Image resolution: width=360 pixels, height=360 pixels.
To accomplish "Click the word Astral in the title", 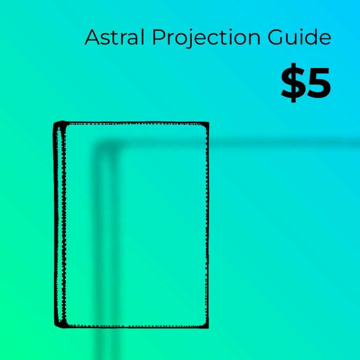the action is (x=115, y=37).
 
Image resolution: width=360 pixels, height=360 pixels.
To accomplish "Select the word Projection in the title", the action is (x=206, y=38).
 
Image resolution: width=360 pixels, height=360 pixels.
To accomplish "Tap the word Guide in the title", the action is (x=300, y=37).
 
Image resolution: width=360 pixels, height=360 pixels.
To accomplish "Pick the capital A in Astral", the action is (x=92, y=37).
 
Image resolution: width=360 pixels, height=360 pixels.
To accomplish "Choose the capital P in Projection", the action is (x=158, y=37).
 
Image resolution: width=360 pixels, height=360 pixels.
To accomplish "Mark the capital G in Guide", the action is (x=275, y=37).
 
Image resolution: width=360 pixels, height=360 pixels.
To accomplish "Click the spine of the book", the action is (x=60, y=225).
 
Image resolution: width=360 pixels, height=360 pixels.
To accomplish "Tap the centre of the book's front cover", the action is (x=137, y=225).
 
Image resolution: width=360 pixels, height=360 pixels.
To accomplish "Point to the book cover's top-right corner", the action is (x=208, y=123).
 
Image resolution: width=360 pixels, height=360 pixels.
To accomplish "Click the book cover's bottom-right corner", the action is (x=208, y=327).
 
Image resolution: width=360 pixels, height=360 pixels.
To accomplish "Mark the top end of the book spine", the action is (x=60, y=122).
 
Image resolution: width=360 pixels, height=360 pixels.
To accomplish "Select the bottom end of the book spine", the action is (x=60, y=326).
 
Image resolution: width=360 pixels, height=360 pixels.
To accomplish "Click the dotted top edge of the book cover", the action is (x=137, y=124).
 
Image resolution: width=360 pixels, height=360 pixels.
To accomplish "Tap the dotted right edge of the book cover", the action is (x=207, y=225).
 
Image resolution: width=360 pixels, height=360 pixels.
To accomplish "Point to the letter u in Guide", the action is (x=292, y=39).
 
